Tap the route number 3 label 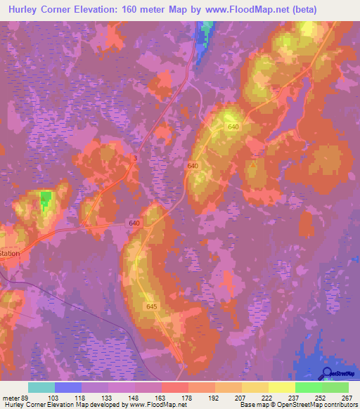point(134,159)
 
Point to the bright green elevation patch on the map point(46,200)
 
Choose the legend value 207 point(241,397)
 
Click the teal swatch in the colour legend point(41,387)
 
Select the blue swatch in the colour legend point(68,387)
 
